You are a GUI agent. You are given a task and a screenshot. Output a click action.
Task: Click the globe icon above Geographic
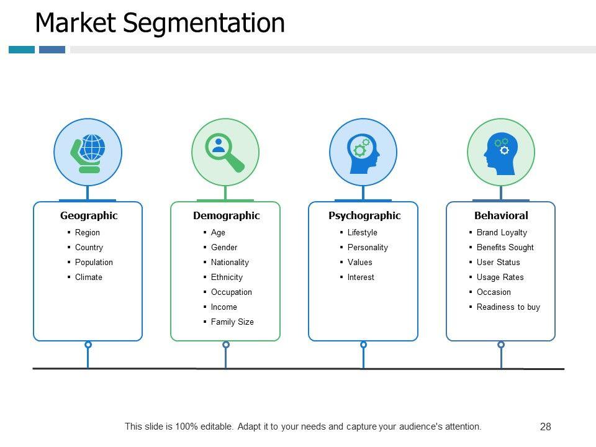(x=88, y=152)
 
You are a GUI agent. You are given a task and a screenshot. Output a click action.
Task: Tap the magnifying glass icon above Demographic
(x=225, y=152)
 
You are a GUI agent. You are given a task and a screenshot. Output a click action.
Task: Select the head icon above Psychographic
(x=363, y=152)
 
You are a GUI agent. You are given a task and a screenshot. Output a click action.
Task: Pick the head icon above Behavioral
(x=501, y=152)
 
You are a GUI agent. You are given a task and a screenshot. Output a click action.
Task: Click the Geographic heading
(x=89, y=216)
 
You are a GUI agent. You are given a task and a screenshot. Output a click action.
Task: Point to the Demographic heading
(x=226, y=216)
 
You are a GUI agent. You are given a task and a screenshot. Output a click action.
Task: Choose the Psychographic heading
(x=364, y=216)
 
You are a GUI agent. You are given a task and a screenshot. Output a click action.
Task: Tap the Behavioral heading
(x=501, y=216)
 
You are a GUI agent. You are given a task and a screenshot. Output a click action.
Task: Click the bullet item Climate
(x=89, y=278)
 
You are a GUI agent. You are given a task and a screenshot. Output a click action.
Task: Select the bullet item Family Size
(x=232, y=322)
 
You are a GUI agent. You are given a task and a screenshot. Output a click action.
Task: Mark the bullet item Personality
(x=368, y=248)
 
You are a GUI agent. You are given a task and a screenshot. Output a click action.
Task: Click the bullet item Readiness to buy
(x=508, y=307)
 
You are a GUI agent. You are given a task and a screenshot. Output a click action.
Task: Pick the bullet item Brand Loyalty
(x=502, y=233)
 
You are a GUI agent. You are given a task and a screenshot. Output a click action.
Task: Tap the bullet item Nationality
(x=230, y=263)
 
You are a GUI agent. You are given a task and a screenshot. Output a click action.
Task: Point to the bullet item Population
(x=94, y=263)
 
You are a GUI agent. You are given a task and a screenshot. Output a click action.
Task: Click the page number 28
(x=546, y=427)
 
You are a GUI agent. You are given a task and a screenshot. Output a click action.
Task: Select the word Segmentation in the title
(x=204, y=23)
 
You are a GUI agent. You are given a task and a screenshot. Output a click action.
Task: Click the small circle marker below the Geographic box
(x=88, y=345)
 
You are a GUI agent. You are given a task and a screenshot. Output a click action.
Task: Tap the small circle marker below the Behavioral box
(x=501, y=345)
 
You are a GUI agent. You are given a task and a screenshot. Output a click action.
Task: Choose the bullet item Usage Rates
(x=500, y=278)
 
